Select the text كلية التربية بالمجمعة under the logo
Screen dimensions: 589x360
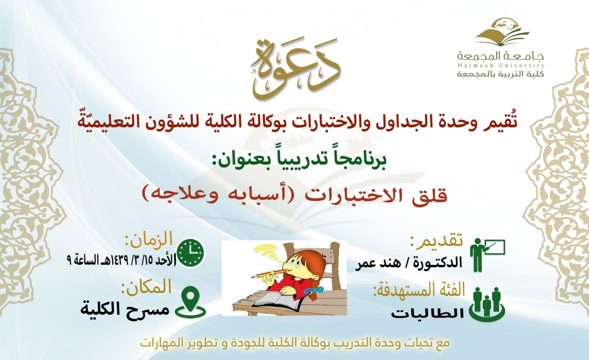click(x=500, y=74)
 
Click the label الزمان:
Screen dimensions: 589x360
click(x=149, y=240)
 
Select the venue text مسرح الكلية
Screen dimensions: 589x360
click(x=125, y=309)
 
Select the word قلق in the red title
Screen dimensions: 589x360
click(x=431, y=195)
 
